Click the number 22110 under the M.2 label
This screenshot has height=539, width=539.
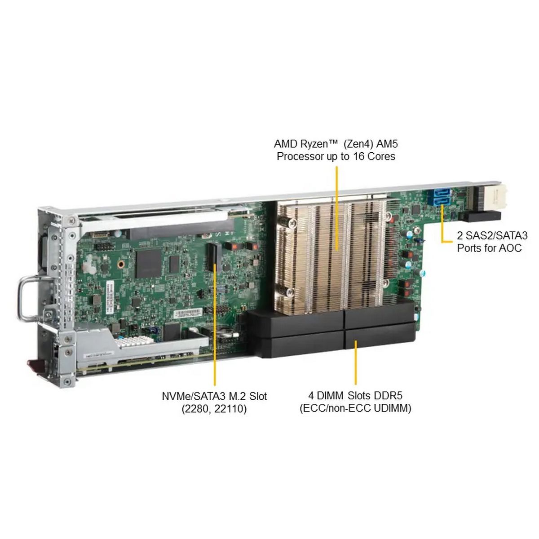coord(230,409)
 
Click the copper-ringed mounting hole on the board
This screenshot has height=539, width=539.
coord(121,264)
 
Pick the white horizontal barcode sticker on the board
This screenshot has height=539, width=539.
coord(188,313)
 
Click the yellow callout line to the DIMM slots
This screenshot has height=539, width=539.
coord(355,362)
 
